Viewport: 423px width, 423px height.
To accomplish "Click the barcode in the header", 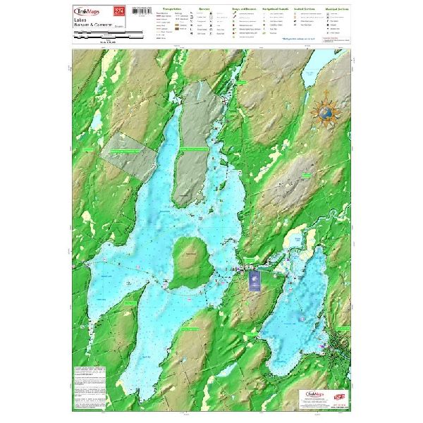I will tap(143, 12).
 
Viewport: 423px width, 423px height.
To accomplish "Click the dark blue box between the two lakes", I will tap(255, 281).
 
